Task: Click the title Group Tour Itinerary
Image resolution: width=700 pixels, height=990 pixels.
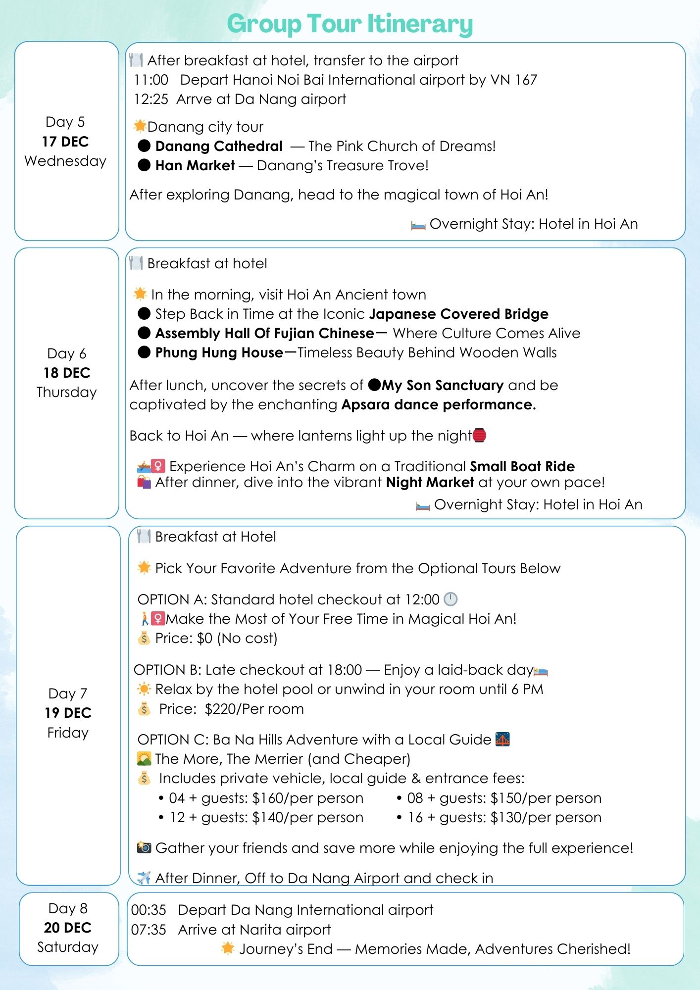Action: point(350,24)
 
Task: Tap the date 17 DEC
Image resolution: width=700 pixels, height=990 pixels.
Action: point(65,142)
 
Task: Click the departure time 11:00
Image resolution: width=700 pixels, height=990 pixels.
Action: point(151,80)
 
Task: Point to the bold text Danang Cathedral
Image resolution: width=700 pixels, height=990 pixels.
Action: point(219,146)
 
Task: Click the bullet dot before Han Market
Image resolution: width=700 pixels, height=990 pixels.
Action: point(144,165)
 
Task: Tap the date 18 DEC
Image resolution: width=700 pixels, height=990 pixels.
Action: point(67,373)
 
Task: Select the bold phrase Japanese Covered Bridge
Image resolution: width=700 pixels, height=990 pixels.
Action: point(458,314)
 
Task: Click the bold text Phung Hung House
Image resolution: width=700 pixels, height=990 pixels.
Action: point(219,352)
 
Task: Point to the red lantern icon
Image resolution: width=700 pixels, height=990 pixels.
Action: point(479,435)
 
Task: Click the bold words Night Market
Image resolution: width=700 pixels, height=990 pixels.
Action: point(430,482)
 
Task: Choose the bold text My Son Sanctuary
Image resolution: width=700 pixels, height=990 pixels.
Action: point(442,385)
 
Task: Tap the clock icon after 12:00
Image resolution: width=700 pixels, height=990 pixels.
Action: point(450,599)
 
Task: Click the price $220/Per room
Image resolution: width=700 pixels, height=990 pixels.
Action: point(254,709)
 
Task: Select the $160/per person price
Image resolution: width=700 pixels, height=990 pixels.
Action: point(307,798)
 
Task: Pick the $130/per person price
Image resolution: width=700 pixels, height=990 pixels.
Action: point(546,817)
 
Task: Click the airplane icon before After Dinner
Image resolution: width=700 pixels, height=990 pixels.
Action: point(144,878)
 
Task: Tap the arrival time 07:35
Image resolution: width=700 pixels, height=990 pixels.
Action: point(149,930)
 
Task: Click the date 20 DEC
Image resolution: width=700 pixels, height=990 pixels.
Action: point(68,928)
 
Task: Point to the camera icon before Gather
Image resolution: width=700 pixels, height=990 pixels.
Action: point(144,847)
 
